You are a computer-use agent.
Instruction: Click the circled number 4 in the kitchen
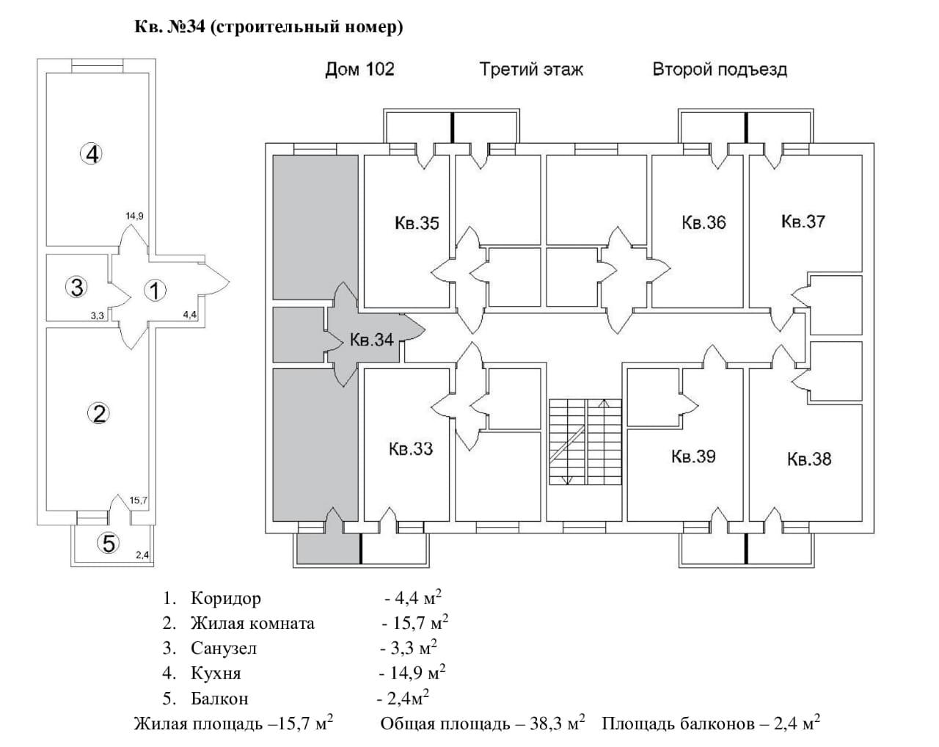pyautogui.click(x=92, y=154)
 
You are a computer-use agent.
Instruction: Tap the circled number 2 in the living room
pyautogui.click(x=99, y=413)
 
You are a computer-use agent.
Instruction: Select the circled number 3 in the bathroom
pyautogui.click(x=76, y=287)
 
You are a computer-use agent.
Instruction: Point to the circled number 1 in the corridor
pyautogui.click(x=155, y=291)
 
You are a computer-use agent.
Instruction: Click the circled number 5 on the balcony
pyautogui.click(x=109, y=543)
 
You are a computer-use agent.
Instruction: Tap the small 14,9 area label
pyautogui.click(x=134, y=216)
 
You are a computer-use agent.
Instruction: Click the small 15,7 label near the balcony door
pyautogui.click(x=139, y=500)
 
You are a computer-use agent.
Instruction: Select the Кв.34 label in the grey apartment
pyautogui.click(x=371, y=340)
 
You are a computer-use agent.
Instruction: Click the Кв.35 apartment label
pyautogui.click(x=417, y=223)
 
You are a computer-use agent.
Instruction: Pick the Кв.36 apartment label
pyautogui.click(x=704, y=222)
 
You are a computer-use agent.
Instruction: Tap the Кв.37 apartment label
pyautogui.click(x=803, y=222)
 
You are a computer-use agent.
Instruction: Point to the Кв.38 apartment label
pyautogui.click(x=809, y=459)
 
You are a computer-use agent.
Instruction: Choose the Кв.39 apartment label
pyautogui.click(x=693, y=456)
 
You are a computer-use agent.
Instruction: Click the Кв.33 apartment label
pyautogui.click(x=411, y=449)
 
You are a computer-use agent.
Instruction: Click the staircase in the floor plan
pyautogui.click(x=585, y=442)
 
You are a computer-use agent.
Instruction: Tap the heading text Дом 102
pyautogui.click(x=359, y=70)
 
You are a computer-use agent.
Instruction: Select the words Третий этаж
pyautogui.click(x=531, y=70)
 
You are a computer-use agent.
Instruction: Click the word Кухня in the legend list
pyautogui.click(x=216, y=673)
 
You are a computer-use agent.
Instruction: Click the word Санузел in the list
pyautogui.click(x=224, y=648)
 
